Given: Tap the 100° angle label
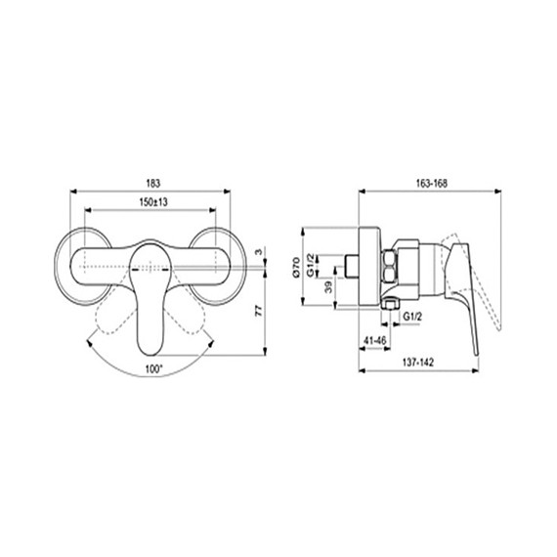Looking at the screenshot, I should click(x=150, y=368).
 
